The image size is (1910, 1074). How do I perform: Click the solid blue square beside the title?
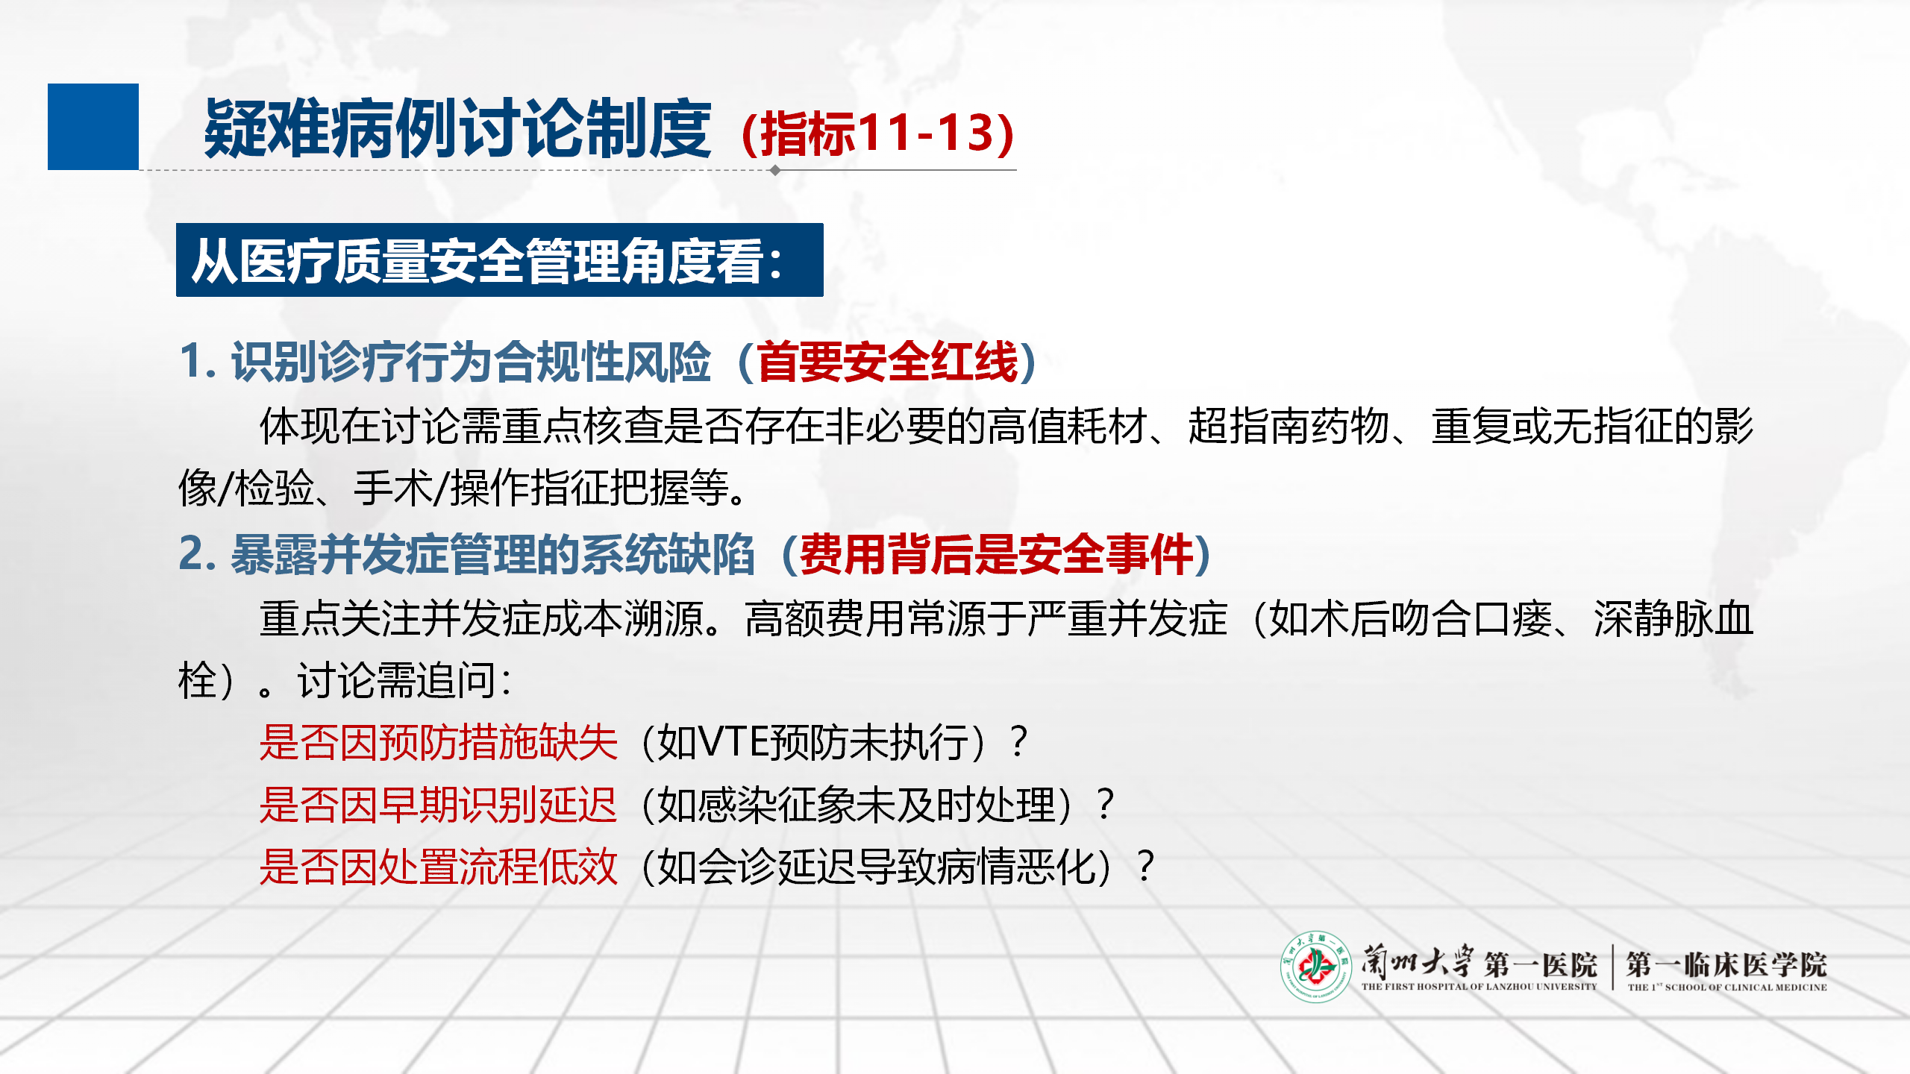(93, 127)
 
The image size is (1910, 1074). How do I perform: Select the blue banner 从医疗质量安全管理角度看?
(500, 260)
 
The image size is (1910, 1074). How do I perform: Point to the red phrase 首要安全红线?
(888, 362)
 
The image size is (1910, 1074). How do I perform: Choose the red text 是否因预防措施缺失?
(439, 743)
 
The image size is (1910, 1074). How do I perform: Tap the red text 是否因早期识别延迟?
(439, 805)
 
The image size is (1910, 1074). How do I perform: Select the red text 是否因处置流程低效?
(439, 867)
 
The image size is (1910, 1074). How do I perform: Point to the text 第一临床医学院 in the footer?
(1726, 964)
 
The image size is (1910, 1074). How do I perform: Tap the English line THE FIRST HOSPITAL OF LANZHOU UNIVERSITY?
(1480, 987)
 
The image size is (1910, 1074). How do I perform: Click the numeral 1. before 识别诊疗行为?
(198, 362)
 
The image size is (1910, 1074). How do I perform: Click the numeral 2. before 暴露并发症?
(198, 555)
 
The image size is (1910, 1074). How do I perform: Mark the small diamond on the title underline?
(775, 170)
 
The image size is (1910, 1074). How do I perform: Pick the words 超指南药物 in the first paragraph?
(1289, 427)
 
